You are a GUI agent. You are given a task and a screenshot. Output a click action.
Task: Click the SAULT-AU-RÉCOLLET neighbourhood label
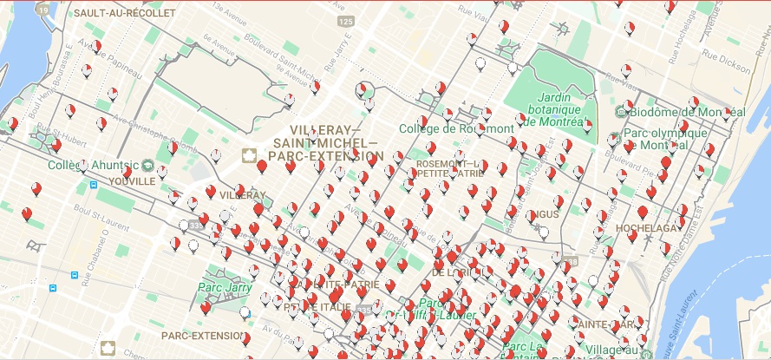[x=125, y=14]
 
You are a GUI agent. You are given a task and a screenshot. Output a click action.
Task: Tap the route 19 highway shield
[x=42, y=9]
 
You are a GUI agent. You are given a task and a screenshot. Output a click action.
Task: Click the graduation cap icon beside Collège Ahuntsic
[x=149, y=165]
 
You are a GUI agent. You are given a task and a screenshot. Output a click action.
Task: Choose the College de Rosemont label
[x=456, y=128]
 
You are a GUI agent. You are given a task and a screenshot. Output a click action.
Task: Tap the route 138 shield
[x=571, y=261]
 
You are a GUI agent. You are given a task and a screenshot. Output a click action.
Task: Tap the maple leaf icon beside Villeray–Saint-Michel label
[x=249, y=156]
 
